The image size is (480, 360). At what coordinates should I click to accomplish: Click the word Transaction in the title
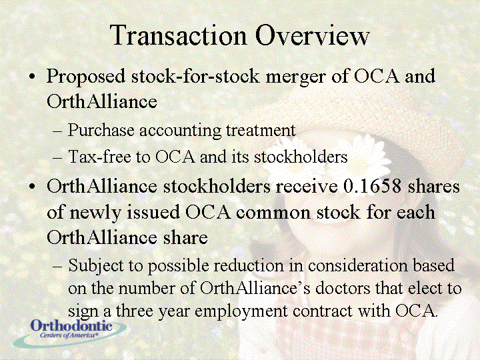click(x=178, y=35)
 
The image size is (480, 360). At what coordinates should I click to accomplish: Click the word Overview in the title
click(x=312, y=35)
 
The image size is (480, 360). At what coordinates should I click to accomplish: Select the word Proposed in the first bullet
click(x=86, y=77)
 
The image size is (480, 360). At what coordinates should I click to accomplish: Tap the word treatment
click(x=261, y=130)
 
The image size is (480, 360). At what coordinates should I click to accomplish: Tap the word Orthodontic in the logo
click(x=71, y=325)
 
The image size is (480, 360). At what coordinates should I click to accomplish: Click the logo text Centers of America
click(x=69, y=335)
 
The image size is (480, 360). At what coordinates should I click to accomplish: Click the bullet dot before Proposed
click(x=32, y=76)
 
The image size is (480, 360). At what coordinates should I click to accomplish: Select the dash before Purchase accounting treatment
click(x=57, y=131)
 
